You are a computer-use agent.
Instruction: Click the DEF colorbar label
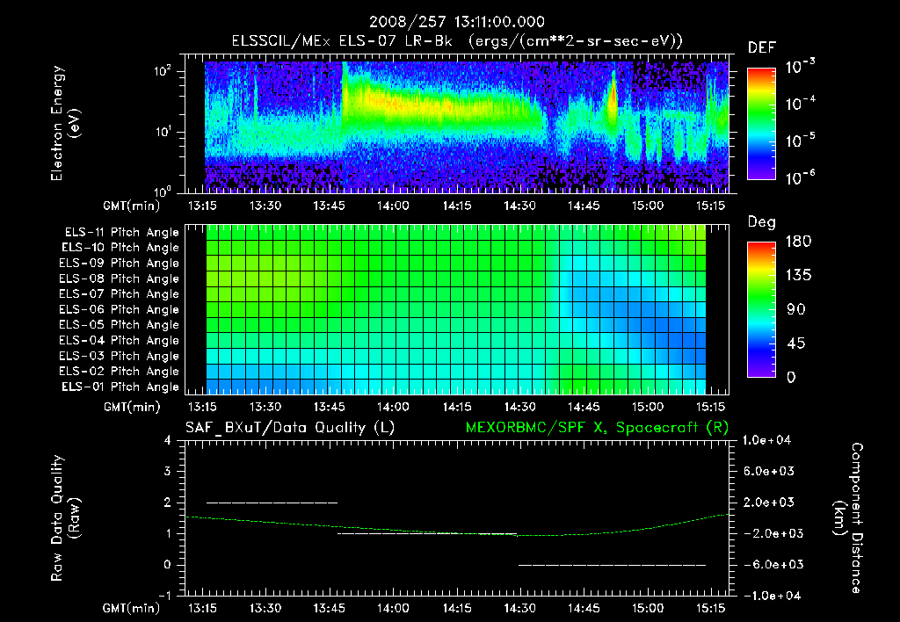tap(761, 48)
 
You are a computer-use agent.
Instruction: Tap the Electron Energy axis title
tap(65, 124)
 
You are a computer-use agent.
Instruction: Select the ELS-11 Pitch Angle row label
tap(121, 233)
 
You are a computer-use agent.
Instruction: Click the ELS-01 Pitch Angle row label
tap(121, 387)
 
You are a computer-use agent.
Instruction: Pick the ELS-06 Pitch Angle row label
tap(121, 309)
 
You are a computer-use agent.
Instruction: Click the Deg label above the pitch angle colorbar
tap(761, 222)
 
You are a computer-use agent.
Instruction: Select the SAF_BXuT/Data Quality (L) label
tap(288, 428)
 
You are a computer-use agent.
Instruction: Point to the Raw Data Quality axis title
tap(65, 517)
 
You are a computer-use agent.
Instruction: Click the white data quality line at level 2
tap(272, 503)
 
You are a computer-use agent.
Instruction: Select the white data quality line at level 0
tap(613, 565)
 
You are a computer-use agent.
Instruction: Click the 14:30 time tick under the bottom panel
tap(520, 608)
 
